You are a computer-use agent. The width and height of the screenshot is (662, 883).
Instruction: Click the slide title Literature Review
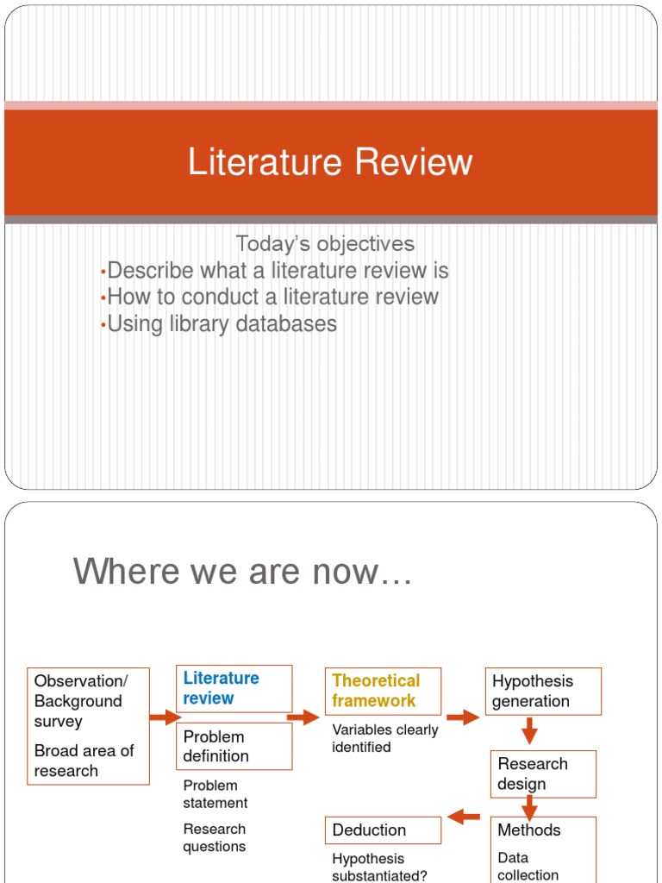[330, 162]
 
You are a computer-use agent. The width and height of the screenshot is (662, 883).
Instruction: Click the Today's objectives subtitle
[325, 244]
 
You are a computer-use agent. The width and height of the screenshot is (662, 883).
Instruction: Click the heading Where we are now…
[243, 571]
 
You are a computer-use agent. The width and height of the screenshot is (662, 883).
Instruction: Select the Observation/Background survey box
[88, 725]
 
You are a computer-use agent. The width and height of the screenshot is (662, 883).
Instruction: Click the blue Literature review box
[234, 688]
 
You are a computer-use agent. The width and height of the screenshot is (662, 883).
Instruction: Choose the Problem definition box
[234, 746]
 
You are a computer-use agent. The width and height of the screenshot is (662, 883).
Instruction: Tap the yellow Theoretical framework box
[383, 691]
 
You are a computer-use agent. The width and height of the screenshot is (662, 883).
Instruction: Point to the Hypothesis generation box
[542, 691]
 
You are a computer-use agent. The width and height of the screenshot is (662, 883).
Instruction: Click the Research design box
[543, 773]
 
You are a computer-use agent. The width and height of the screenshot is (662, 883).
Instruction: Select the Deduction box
[383, 830]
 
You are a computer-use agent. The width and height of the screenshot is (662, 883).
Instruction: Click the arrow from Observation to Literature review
[164, 717]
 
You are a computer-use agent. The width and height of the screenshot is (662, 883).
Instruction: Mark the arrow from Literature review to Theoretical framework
[303, 717]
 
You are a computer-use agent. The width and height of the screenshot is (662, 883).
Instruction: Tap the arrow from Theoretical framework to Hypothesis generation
[463, 717]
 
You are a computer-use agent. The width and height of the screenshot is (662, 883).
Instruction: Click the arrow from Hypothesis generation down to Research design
[530, 732]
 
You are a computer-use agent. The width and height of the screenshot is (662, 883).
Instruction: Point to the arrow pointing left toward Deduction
[465, 816]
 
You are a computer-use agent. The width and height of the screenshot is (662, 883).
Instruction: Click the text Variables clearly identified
[384, 738]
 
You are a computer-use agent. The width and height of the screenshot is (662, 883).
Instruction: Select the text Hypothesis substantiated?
[380, 867]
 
